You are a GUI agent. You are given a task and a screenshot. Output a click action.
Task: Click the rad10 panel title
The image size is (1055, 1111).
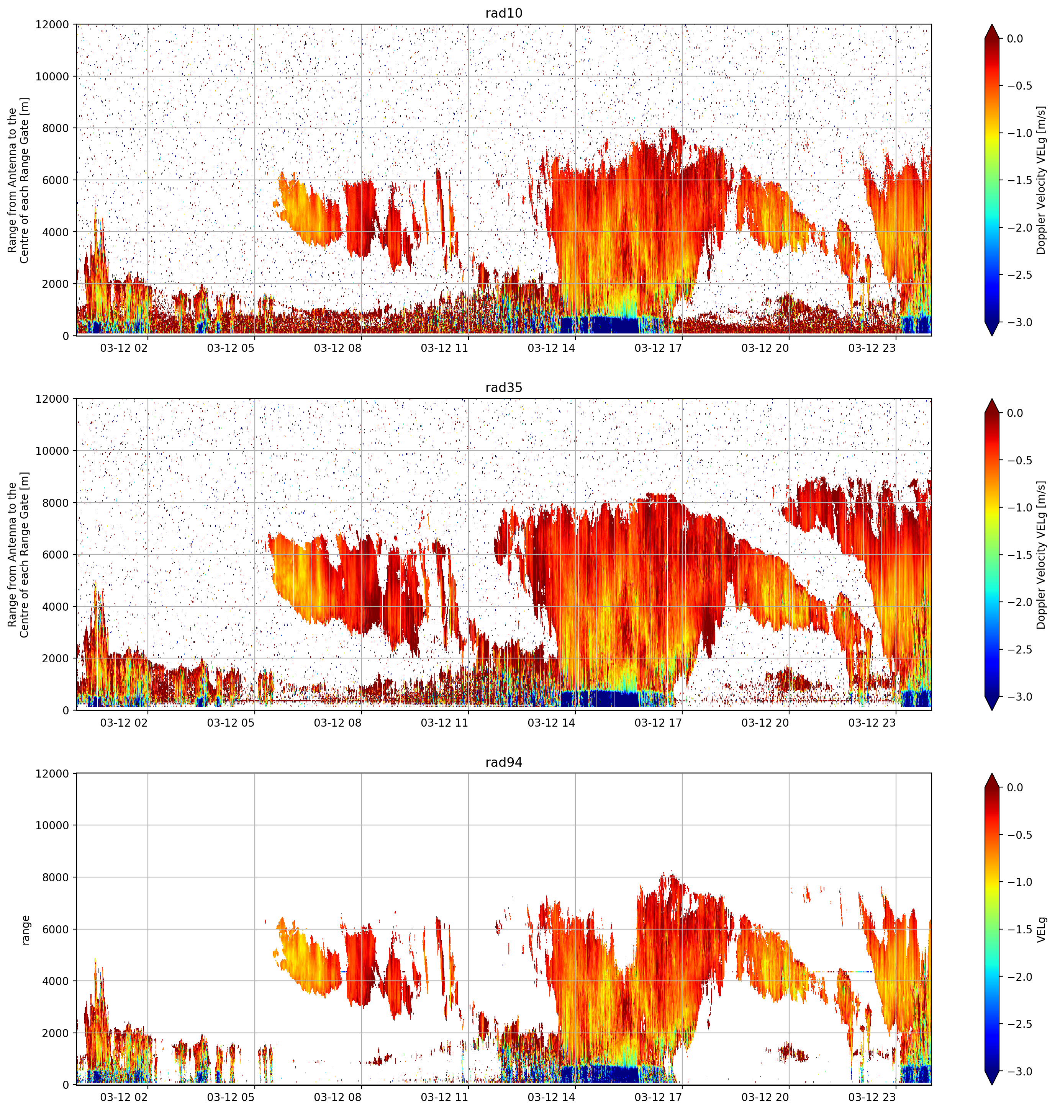click(504, 13)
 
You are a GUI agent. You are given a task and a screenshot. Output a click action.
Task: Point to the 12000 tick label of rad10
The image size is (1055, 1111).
click(52, 25)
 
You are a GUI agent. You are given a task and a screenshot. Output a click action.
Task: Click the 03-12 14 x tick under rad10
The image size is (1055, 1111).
click(551, 348)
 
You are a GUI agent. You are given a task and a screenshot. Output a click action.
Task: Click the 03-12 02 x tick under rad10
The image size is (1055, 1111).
click(124, 348)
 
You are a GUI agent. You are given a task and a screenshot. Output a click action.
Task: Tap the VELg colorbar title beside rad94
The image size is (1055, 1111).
click(1042, 930)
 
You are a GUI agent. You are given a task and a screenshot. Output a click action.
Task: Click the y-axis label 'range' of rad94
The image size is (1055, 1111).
click(25, 930)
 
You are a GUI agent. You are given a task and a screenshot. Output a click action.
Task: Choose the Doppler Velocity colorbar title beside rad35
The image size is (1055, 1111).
click(1042, 555)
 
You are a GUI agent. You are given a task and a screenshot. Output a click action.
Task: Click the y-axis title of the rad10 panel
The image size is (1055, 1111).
click(18, 180)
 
